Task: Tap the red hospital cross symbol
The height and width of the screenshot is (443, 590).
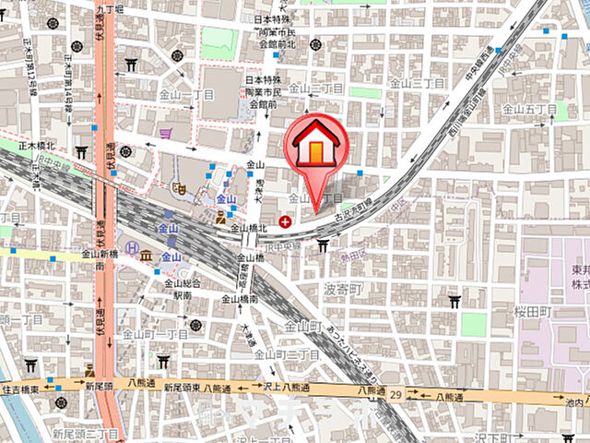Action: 285,221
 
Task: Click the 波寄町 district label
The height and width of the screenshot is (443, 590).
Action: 343,289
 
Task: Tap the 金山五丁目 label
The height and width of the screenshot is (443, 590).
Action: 529,109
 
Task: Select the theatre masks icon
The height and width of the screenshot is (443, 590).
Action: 220,219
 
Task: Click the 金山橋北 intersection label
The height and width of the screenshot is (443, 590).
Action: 249,228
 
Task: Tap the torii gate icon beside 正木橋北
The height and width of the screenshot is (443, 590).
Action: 81,152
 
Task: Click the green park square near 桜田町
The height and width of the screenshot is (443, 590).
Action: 474,324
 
